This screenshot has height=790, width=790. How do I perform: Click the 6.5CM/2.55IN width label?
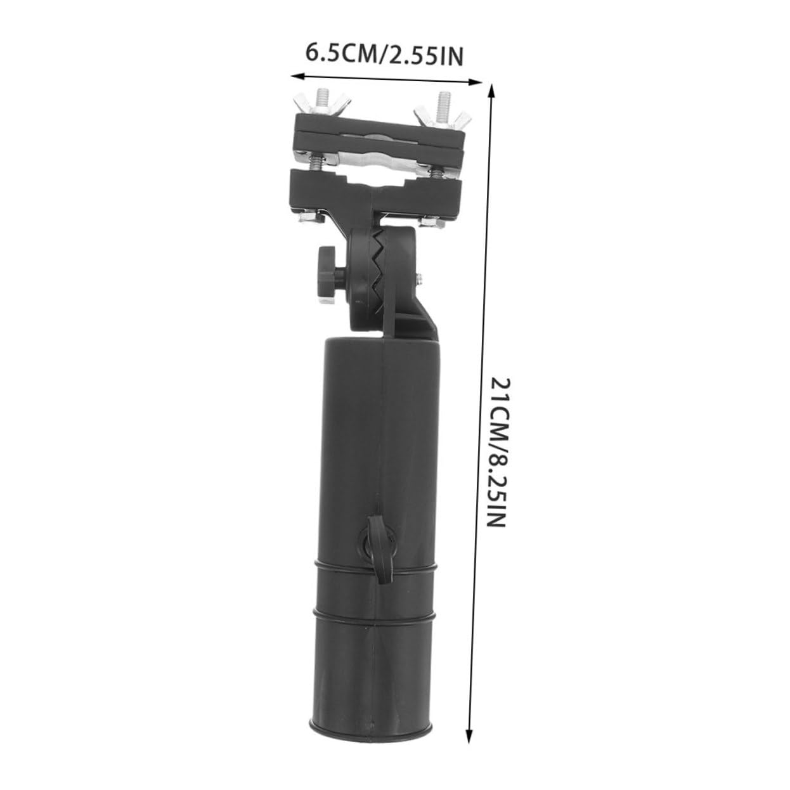384,55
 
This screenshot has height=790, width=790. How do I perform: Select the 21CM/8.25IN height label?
500,452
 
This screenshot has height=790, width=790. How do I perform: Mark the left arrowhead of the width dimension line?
296,76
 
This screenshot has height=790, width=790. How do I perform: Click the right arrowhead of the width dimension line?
476,82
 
